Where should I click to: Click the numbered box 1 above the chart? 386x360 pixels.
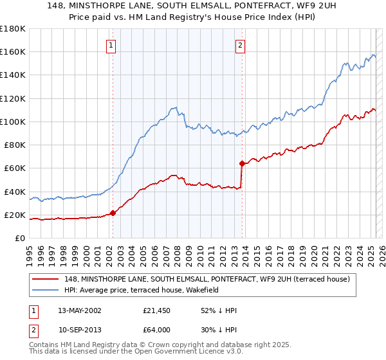(x=111, y=46)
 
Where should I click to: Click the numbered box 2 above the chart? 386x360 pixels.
(x=240, y=46)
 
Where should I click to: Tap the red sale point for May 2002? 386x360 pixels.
(x=113, y=213)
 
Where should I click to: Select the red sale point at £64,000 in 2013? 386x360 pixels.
(x=242, y=163)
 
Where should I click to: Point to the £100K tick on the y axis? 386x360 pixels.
(x=13, y=122)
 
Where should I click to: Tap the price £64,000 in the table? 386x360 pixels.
(x=157, y=329)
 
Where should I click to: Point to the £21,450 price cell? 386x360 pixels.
(x=157, y=310)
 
